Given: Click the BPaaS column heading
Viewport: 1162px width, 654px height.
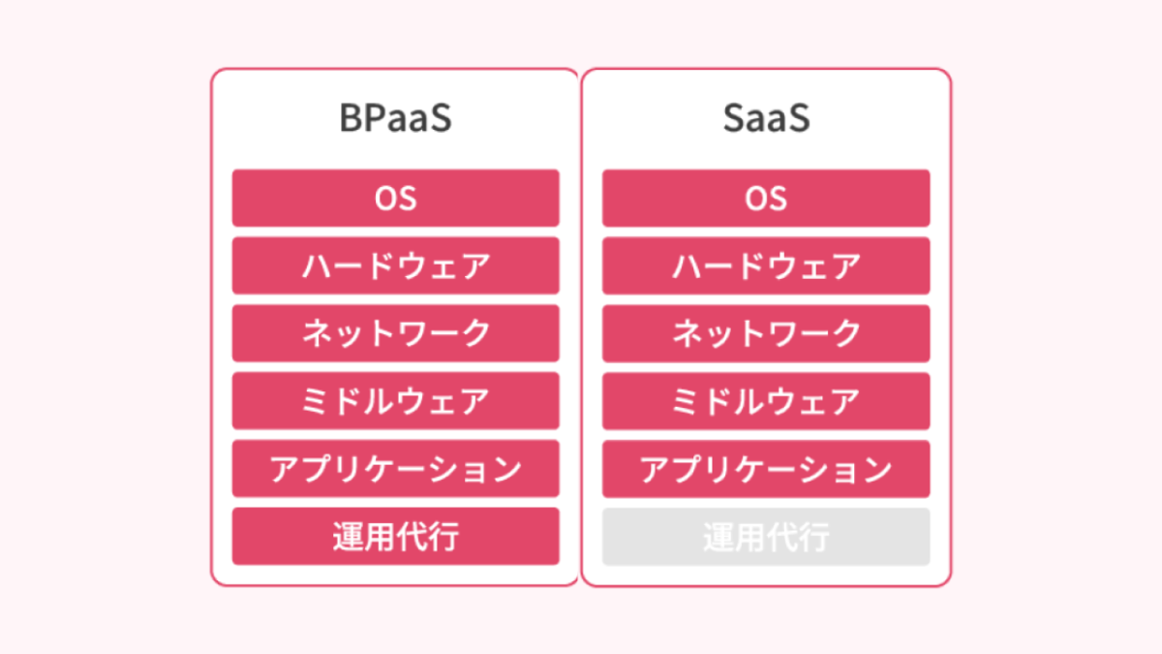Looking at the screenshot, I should click(x=395, y=118).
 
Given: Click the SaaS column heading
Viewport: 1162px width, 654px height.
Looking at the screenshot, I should click(x=766, y=118).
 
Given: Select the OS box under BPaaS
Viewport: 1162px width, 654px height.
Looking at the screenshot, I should click(x=395, y=198).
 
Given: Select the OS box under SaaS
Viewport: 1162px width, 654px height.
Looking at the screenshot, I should click(x=766, y=198).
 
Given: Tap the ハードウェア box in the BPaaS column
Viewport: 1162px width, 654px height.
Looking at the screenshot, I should click(x=395, y=265).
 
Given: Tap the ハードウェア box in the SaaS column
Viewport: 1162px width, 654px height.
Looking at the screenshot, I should click(x=766, y=265).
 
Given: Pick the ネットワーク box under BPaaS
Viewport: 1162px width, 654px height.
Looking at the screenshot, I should click(x=395, y=333).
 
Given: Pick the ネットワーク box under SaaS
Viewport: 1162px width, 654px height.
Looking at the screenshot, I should click(x=766, y=333).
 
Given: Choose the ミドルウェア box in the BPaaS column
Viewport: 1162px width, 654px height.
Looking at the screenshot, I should click(x=395, y=401).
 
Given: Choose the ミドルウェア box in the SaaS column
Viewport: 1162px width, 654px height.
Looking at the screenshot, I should click(x=766, y=401).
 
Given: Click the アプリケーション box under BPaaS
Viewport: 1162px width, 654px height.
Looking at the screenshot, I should click(x=395, y=469).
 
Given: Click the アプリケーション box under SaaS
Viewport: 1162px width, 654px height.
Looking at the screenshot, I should click(x=766, y=469).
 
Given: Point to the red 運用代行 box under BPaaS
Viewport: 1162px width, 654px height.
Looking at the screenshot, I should click(x=395, y=536).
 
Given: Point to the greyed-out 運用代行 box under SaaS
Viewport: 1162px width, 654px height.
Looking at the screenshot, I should click(x=766, y=536).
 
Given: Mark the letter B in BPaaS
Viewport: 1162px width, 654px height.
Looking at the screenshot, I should click(x=350, y=118).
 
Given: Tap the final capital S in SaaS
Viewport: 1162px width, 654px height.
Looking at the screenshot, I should click(x=799, y=118).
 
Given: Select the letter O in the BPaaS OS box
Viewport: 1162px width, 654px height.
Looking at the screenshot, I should click(x=384, y=198).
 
